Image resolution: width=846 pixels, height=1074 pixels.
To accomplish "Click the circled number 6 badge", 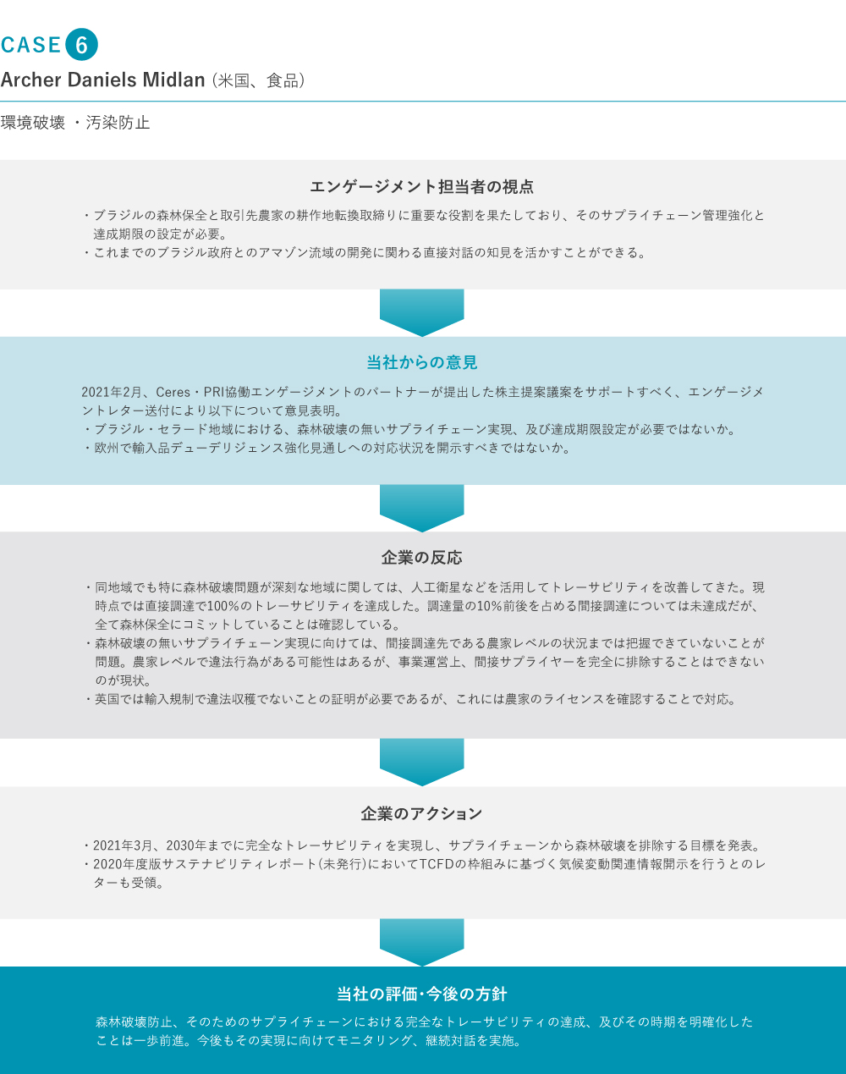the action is click(x=81, y=44).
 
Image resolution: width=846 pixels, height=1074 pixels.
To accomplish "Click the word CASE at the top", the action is click(x=31, y=45).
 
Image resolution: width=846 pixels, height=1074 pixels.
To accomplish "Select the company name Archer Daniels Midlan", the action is click(x=102, y=80).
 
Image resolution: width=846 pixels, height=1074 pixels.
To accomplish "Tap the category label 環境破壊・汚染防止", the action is click(x=75, y=123).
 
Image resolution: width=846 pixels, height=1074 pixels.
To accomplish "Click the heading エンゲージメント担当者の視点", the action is click(x=422, y=187).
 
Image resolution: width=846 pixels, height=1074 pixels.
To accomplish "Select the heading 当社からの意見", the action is click(x=422, y=362).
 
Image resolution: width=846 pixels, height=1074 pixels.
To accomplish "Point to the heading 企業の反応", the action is click(x=422, y=558).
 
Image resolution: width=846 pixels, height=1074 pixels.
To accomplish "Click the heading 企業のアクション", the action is click(x=422, y=814).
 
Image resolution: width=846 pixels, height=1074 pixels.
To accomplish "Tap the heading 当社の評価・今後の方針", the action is click(x=422, y=994).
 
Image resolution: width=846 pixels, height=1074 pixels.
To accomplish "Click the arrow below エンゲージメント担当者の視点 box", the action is click(x=422, y=312).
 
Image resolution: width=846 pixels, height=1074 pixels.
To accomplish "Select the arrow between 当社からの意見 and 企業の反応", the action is click(x=422, y=508).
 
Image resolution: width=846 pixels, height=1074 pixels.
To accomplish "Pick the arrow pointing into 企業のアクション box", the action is click(x=422, y=762).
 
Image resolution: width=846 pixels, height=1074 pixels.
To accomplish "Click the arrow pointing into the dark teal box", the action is click(x=422, y=942).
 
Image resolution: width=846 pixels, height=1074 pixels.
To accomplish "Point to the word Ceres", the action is click(x=173, y=392).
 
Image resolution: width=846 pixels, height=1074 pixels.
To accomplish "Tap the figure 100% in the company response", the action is click(x=222, y=606).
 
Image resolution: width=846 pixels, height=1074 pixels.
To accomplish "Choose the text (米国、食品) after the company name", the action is click(x=258, y=80).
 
